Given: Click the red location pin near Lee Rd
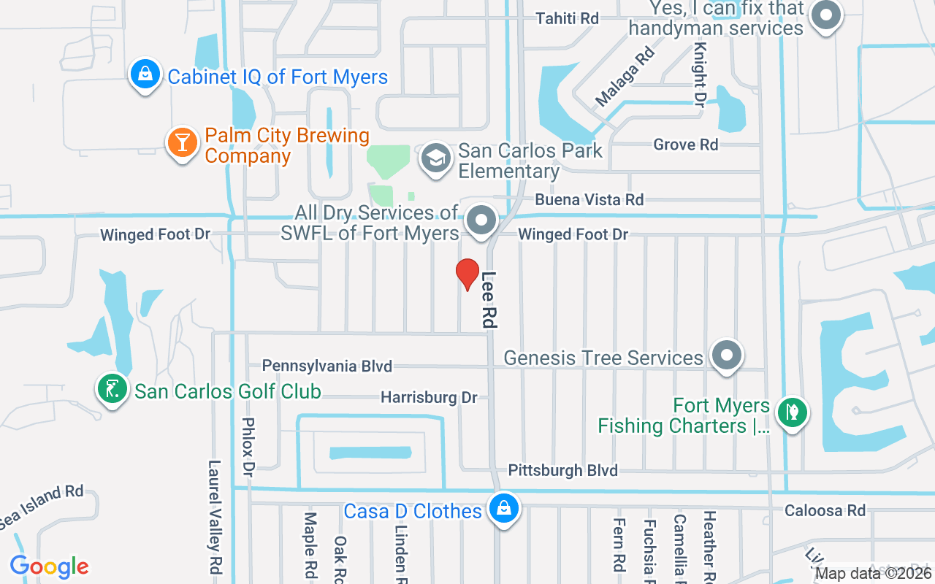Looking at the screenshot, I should pyautogui.click(x=467, y=274).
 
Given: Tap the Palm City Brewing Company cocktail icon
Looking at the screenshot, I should pyautogui.click(x=180, y=142).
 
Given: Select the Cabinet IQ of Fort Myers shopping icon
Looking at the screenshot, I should pyautogui.click(x=145, y=74).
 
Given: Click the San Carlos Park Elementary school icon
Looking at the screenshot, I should pyautogui.click(x=436, y=158).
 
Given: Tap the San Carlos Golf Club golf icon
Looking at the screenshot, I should pyautogui.click(x=112, y=389).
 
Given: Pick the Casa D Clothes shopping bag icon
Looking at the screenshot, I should pyautogui.click(x=503, y=508).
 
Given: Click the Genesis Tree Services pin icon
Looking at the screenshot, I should pyautogui.click(x=726, y=356).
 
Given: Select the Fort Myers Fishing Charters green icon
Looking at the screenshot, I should pyautogui.click(x=792, y=412).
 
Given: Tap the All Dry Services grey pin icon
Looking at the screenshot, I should pyautogui.click(x=481, y=220).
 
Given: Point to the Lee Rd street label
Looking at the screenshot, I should pyautogui.click(x=489, y=299).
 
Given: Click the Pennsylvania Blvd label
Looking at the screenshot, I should pyautogui.click(x=327, y=366).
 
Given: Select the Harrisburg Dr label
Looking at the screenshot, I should pyautogui.click(x=429, y=398).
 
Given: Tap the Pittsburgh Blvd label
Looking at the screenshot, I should pyautogui.click(x=562, y=470).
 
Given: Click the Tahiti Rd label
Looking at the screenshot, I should pyautogui.click(x=567, y=19).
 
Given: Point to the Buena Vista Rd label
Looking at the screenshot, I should pyautogui.click(x=589, y=199).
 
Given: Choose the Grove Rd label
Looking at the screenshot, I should pyautogui.click(x=685, y=145).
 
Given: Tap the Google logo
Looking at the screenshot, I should pyautogui.click(x=49, y=566).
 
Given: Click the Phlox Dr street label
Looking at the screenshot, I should pyautogui.click(x=248, y=445).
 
